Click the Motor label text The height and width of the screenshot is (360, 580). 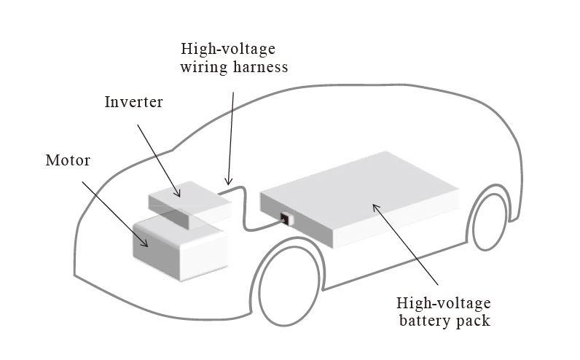coord(67,160)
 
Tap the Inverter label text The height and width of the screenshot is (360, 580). coord(133,101)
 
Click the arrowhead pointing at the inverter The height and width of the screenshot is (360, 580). coord(179,194)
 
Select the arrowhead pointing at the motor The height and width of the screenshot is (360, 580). coord(146,244)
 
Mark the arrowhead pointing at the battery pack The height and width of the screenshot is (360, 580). coord(376,207)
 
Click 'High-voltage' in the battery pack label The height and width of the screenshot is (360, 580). coord(443,302)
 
